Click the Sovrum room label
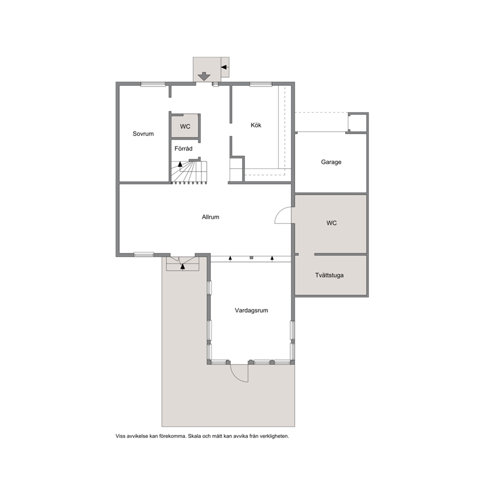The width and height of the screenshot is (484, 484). click(x=143, y=134)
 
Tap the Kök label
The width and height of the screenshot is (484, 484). click(x=256, y=125)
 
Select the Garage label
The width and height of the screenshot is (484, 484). click(x=331, y=162)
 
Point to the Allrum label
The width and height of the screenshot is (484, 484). click(x=210, y=217)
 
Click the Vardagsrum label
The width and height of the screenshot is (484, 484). click(x=251, y=310)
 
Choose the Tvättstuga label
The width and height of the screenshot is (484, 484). click(x=329, y=275)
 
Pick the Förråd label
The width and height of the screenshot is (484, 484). click(x=183, y=148)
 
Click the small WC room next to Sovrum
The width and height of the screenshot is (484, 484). click(x=185, y=126)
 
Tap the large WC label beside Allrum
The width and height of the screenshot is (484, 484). click(x=331, y=223)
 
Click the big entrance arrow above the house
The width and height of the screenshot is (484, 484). click(x=204, y=76)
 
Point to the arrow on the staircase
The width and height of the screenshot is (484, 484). click(x=180, y=164)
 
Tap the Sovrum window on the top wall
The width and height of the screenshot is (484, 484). click(x=153, y=84)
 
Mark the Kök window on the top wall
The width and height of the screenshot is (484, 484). click(x=261, y=84)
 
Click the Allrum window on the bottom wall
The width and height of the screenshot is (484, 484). click(x=144, y=254)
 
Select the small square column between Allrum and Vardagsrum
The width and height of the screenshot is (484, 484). click(x=252, y=258)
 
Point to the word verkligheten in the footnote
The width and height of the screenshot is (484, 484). click(x=274, y=436)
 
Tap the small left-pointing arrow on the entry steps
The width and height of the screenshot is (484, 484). click(x=224, y=67)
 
